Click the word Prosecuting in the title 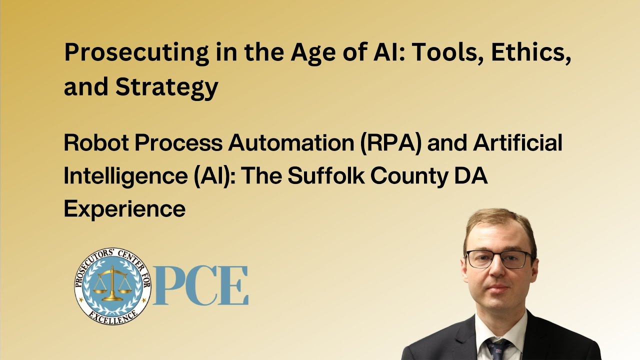click(x=137, y=53)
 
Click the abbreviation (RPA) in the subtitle click(x=390, y=143)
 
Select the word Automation click(x=291, y=143)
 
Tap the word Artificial click(x=517, y=142)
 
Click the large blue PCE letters click(x=201, y=285)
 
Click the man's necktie click(x=499, y=349)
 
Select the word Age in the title click(x=313, y=53)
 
